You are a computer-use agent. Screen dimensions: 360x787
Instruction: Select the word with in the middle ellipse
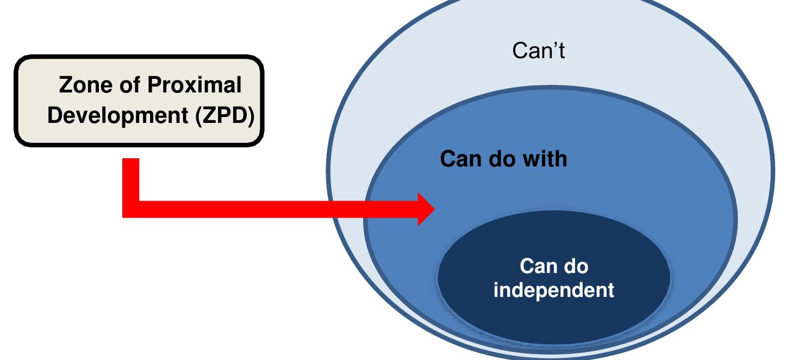(545, 159)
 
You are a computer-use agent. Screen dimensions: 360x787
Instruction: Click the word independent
(554, 290)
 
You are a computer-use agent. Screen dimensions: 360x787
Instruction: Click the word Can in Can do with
(458, 159)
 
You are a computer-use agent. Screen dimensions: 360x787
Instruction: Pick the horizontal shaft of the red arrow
(272, 209)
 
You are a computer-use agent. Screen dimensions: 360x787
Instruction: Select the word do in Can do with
(500, 159)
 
